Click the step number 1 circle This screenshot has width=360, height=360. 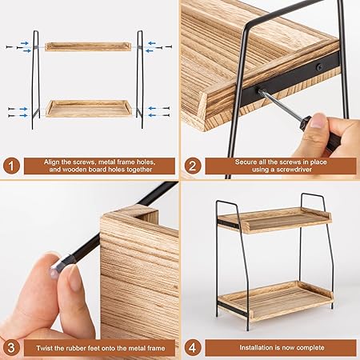pyautogui.click(x=11, y=166)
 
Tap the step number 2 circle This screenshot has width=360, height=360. pyautogui.click(x=192, y=166)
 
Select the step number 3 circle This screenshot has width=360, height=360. pyautogui.click(x=11, y=348)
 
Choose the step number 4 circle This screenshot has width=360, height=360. pyautogui.click(x=192, y=348)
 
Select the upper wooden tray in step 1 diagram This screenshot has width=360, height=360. pyautogui.click(x=87, y=47)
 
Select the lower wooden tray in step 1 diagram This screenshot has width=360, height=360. pyautogui.click(x=87, y=108)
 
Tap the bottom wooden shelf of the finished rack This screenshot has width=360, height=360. pyautogui.click(x=276, y=298)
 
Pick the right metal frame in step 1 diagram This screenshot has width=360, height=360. pyautogui.click(x=141, y=80)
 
